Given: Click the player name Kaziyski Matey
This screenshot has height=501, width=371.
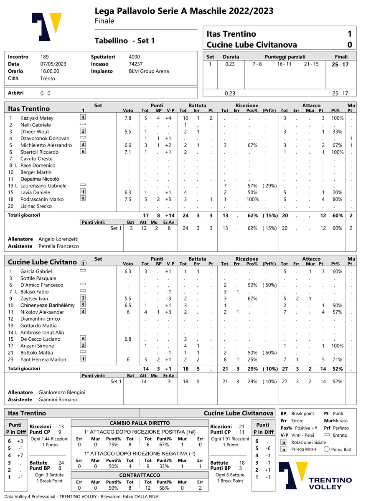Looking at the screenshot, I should (x=37, y=118).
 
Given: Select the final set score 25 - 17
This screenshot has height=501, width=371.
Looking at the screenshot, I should (x=341, y=64).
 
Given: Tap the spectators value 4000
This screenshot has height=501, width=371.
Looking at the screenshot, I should (x=135, y=57).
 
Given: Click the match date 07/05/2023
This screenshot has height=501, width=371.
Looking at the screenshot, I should (x=53, y=64).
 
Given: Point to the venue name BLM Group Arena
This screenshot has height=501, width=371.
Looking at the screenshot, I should (x=149, y=71).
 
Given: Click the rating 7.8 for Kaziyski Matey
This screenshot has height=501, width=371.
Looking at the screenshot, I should (x=128, y=118).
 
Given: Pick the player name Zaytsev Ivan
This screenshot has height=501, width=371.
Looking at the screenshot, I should (x=34, y=299).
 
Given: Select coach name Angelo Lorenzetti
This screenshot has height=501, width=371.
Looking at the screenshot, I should (x=58, y=239).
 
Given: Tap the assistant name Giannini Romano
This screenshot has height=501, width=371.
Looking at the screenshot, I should (x=58, y=400).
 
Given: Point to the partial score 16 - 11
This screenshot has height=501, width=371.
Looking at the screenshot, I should (x=284, y=64).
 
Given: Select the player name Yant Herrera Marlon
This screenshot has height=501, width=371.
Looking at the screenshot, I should (x=43, y=359).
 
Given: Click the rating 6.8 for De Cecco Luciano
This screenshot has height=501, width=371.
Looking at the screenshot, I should (x=128, y=339).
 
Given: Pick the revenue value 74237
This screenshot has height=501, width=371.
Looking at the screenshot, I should (x=136, y=64).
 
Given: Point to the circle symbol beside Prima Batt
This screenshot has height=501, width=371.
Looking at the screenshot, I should (x=327, y=450).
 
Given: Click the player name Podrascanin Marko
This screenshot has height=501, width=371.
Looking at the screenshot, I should (x=42, y=200).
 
